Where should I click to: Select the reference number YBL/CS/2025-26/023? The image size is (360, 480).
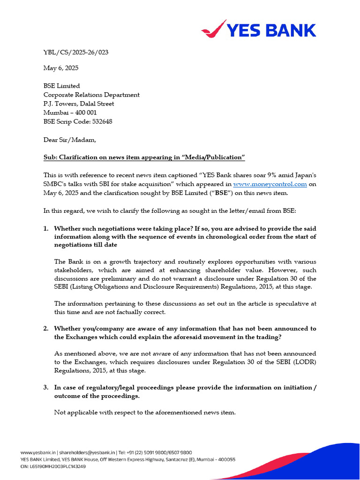[76, 52]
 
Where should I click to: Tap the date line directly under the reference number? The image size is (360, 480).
[61, 68]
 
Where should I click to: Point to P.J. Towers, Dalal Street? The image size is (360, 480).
[79, 104]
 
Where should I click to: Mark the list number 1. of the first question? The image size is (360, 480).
[46, 228]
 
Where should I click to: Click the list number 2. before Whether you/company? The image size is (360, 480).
[46, 329]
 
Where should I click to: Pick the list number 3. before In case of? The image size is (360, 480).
[46, 387]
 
